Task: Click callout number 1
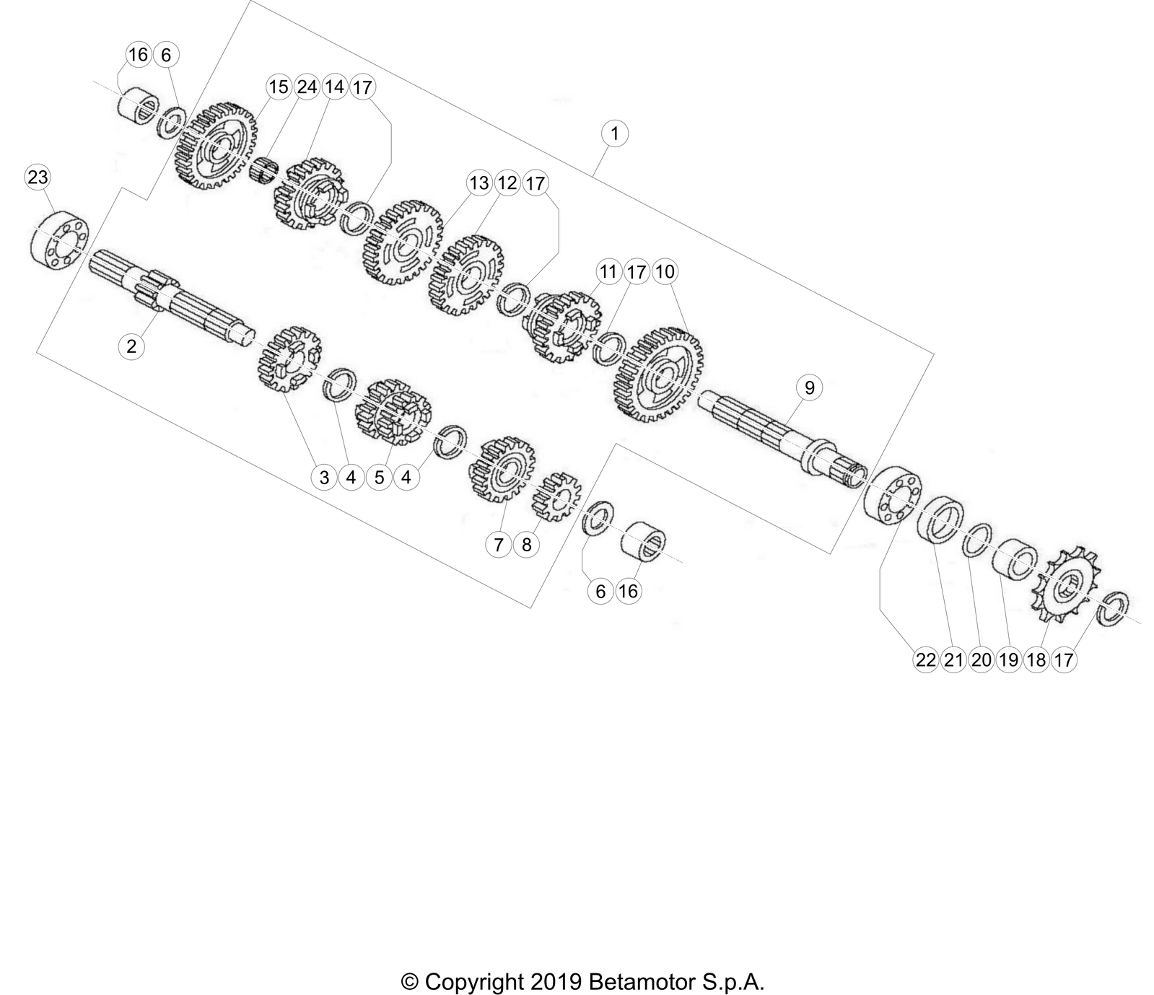pos(614,133)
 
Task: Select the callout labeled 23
pos(38,177)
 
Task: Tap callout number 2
pos(131,346)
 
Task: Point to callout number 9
pos(810,387)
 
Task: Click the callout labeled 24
pos(307,87)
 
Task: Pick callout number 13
pos(479,183)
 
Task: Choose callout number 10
pos(665,271)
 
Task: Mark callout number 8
pos(526,545)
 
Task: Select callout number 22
pos(926,659)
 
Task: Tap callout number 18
pos(1036,659)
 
